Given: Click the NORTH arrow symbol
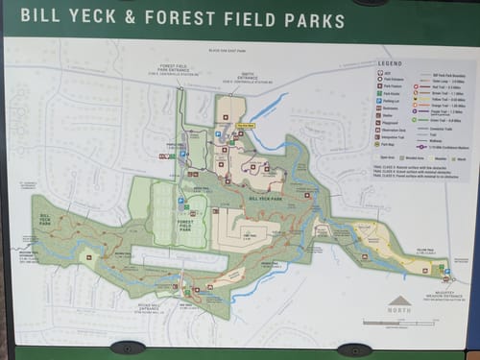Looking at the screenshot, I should pos(400,301).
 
